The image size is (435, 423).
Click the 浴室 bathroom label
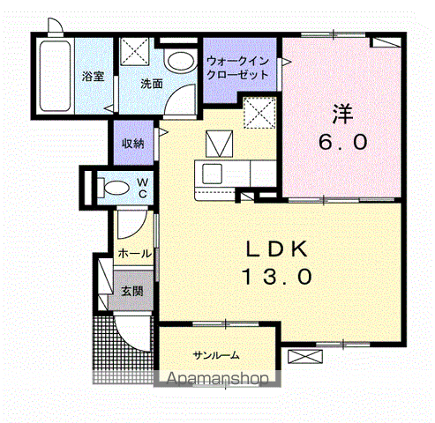coord(93,77)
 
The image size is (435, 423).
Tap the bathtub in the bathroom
coord(55,76)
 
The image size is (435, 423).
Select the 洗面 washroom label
coord(152,84)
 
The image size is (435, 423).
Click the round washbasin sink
coord(181,61)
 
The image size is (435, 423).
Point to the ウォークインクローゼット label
coord(237,68)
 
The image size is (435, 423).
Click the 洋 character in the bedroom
coord(342,114)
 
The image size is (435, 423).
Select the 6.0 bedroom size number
coord(343,142)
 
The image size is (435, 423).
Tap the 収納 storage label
coord(133,144)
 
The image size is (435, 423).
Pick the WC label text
coord(143,188)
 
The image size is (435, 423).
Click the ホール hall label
coord(135,253)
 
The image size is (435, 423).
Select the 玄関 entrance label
coord(132,291)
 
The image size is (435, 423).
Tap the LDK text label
coord(277,249)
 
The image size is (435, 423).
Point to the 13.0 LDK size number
coord(277,277)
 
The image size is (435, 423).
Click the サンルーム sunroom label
coord(216,355)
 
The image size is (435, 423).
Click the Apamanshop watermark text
coord(217,379)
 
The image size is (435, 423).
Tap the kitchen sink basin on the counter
coord(212,174)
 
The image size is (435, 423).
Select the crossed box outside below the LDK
coord(305,356)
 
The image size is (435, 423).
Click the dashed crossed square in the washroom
coord(135,50)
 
